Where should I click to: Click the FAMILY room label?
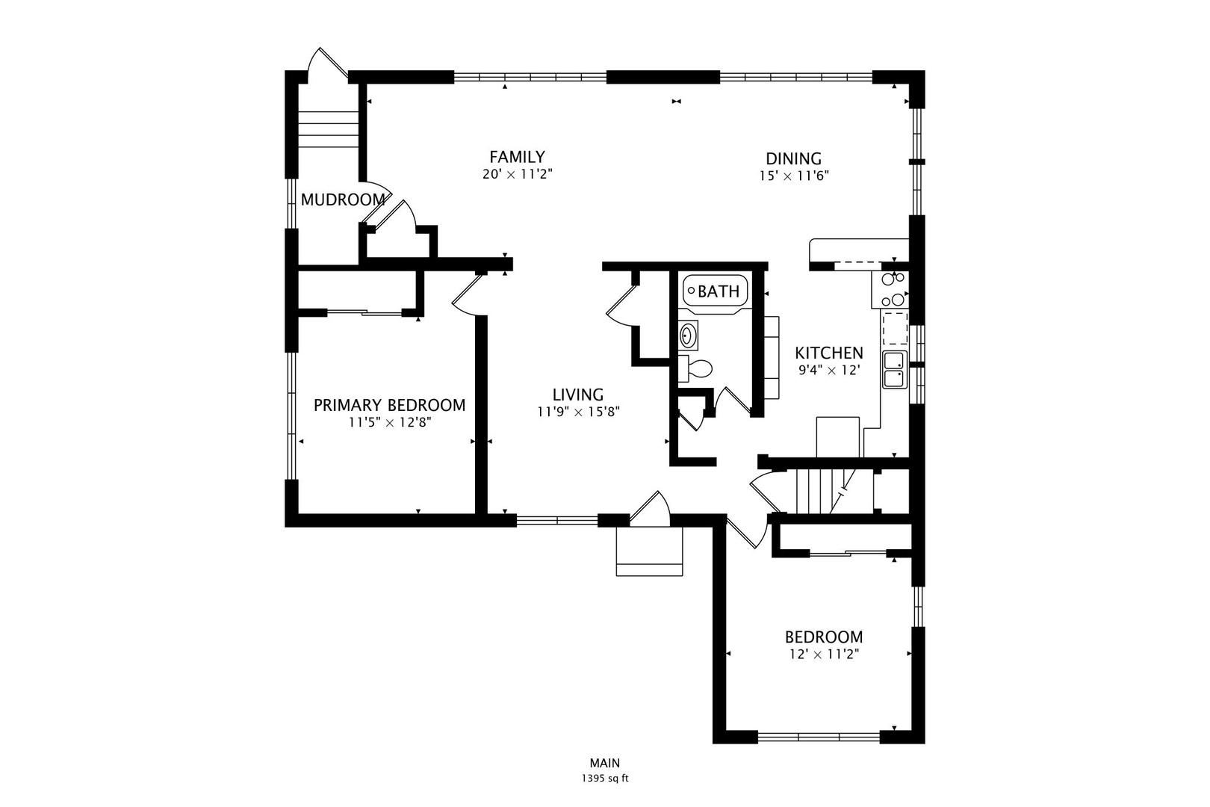[517, 157]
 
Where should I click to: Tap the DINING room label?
[793, 158]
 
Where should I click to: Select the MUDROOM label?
[343, 200]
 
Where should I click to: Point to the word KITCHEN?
[828, 353]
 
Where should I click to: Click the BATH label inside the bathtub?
[719, 292]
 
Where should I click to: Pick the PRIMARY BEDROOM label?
[389, 405]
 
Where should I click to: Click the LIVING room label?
[577, 395]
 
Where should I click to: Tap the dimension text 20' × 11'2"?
[518, 175]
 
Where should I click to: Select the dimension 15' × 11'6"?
[794, 176]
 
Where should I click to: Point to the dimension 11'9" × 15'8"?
[578, 412]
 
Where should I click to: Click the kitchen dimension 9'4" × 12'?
[828, 371]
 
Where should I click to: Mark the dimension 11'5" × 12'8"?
[389, 422]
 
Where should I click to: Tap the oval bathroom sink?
[688, 336]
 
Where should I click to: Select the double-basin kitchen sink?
[895, 370]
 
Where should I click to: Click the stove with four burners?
[890, 290]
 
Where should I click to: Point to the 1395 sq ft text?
[605, 779]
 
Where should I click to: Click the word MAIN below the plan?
[605, 763]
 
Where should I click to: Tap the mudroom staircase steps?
[329, 130]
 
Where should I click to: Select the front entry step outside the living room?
[650, 551]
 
